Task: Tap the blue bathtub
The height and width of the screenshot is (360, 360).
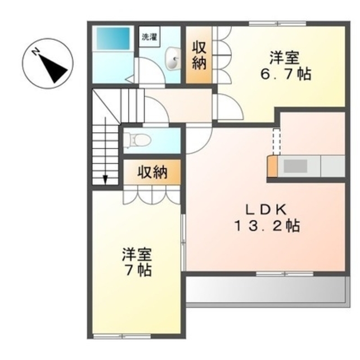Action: pyautogui.click(x=112, y=38)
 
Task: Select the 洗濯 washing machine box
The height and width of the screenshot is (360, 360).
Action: pyautogui.click(x=149, y=38)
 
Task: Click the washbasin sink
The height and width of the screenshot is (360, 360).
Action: pyautogui.click(x=173, y=58)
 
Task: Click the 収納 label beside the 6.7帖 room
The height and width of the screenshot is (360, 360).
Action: pyautogui.click(x=199, y=55)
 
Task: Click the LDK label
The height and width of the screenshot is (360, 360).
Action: pyautogui.click(x=267, y=209)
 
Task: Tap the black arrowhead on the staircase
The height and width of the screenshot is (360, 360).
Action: pyautogui.click(x=105, y=179)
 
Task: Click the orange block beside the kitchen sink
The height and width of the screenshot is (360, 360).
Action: pyautogui.click(x=272, y=167)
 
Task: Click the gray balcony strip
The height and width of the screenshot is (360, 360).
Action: pyautogui.click(x=264, y=290)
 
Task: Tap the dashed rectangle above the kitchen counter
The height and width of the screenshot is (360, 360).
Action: pyautogui.click(x=276, y=142)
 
